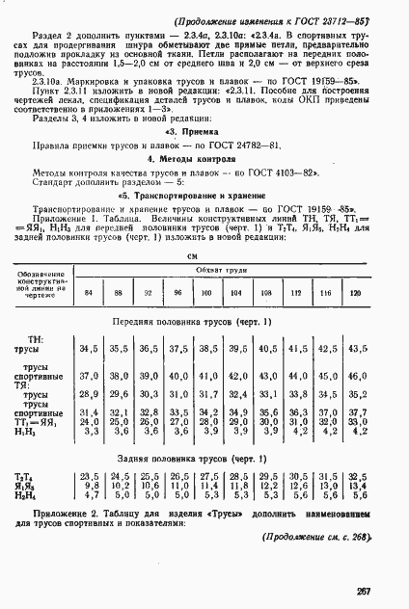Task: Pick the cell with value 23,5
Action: (89, 476)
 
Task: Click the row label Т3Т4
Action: (22, 476)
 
